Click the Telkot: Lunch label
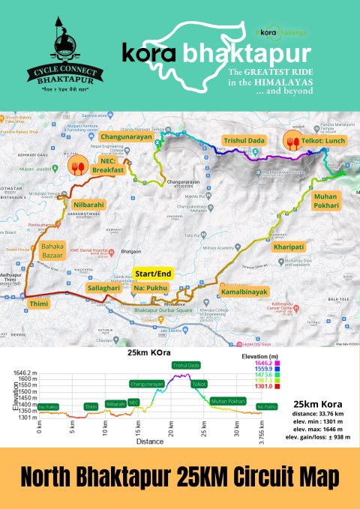coord(324,141)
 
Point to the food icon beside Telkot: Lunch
coord(289,141)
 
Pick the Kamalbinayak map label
coord(244,288)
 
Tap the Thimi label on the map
coord(38,304)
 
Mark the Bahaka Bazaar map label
coord(52,250)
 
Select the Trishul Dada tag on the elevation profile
coord(185,365)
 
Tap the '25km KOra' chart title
coord(146,352)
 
